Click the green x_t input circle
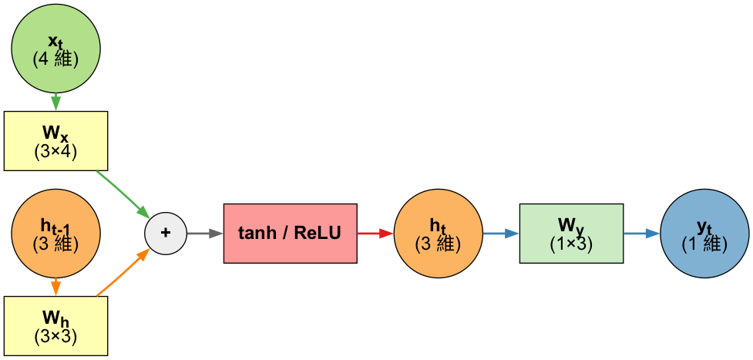pos(55,49)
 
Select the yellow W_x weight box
pos(55,141)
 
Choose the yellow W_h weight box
pos(55,325)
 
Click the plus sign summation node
pos(166,233)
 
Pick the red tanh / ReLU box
pos(290,233)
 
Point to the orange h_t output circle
pos(438,233)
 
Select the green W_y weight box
pos(571,233)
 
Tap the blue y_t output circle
pos(704,233)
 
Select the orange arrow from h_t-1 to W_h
pos(55,286)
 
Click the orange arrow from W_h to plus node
pos(122,272)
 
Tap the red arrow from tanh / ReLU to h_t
pos(375,233)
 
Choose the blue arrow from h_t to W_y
pos(500,233)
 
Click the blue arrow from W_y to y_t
pos(641,233)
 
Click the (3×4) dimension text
pos(55,152)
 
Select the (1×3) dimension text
pos(571,243)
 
